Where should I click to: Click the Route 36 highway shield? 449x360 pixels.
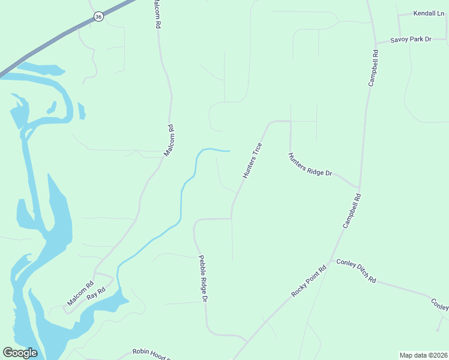(x=98, y=17)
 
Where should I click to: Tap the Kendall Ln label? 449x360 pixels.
(x=429, y=13)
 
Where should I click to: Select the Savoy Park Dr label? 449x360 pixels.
(x=411, y=40)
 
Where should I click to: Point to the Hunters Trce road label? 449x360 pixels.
(x=252, y=160)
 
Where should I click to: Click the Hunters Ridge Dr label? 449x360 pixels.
(x=310, y=164)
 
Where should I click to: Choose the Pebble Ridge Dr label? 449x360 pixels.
(x=203, y=278)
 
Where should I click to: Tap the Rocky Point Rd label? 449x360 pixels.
(x=309, y=281)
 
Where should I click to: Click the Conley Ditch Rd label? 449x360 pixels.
(x=356, y=271)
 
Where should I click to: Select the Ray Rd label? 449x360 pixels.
(x=96, y=293)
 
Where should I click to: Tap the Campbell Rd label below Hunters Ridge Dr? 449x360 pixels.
(x=352, y=211)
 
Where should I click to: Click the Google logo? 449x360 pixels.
(x=20, y=353)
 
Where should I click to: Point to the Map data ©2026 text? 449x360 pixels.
(x=423, y=355)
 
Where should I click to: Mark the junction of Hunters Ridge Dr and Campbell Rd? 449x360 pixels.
(x=359, y=187)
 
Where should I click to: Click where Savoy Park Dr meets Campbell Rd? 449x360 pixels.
(x=375, y=43)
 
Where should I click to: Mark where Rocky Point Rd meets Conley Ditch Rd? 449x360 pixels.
(x=330, y=262)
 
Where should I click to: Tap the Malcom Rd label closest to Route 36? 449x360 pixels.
(x=157, y=14)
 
